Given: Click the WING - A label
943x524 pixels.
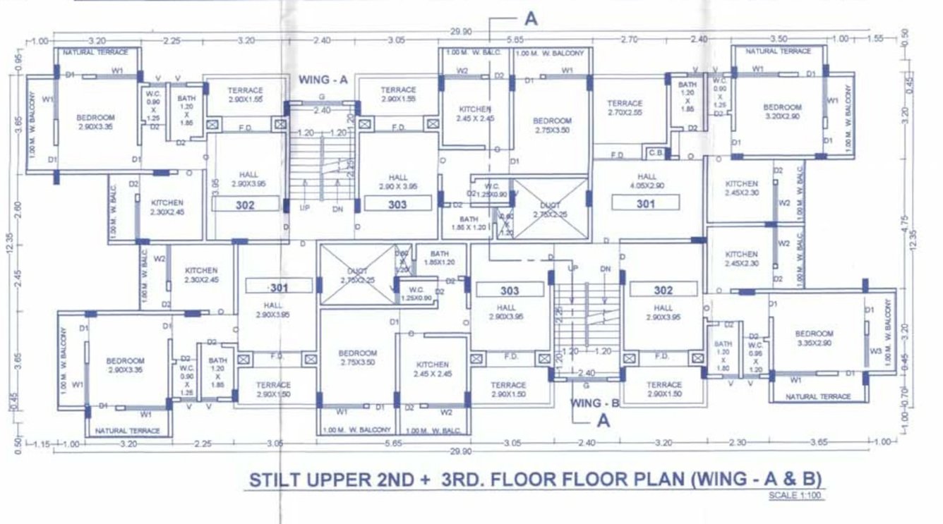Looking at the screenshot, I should tap(323, 80).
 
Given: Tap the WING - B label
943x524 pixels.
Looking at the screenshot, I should tap(595, 403).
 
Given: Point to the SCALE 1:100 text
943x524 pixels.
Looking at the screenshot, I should tap(795, 495).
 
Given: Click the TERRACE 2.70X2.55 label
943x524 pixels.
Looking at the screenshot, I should tap(625, 107).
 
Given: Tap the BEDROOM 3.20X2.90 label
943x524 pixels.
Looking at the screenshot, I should tap(782, 111).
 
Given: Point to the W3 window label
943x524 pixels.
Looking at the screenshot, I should tap(875, 351).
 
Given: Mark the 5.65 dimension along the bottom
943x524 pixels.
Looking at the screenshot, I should tap(392, 444).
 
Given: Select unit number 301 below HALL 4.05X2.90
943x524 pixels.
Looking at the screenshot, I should tap(645, 205).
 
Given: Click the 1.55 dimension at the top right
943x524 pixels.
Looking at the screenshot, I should tap(874, 39).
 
